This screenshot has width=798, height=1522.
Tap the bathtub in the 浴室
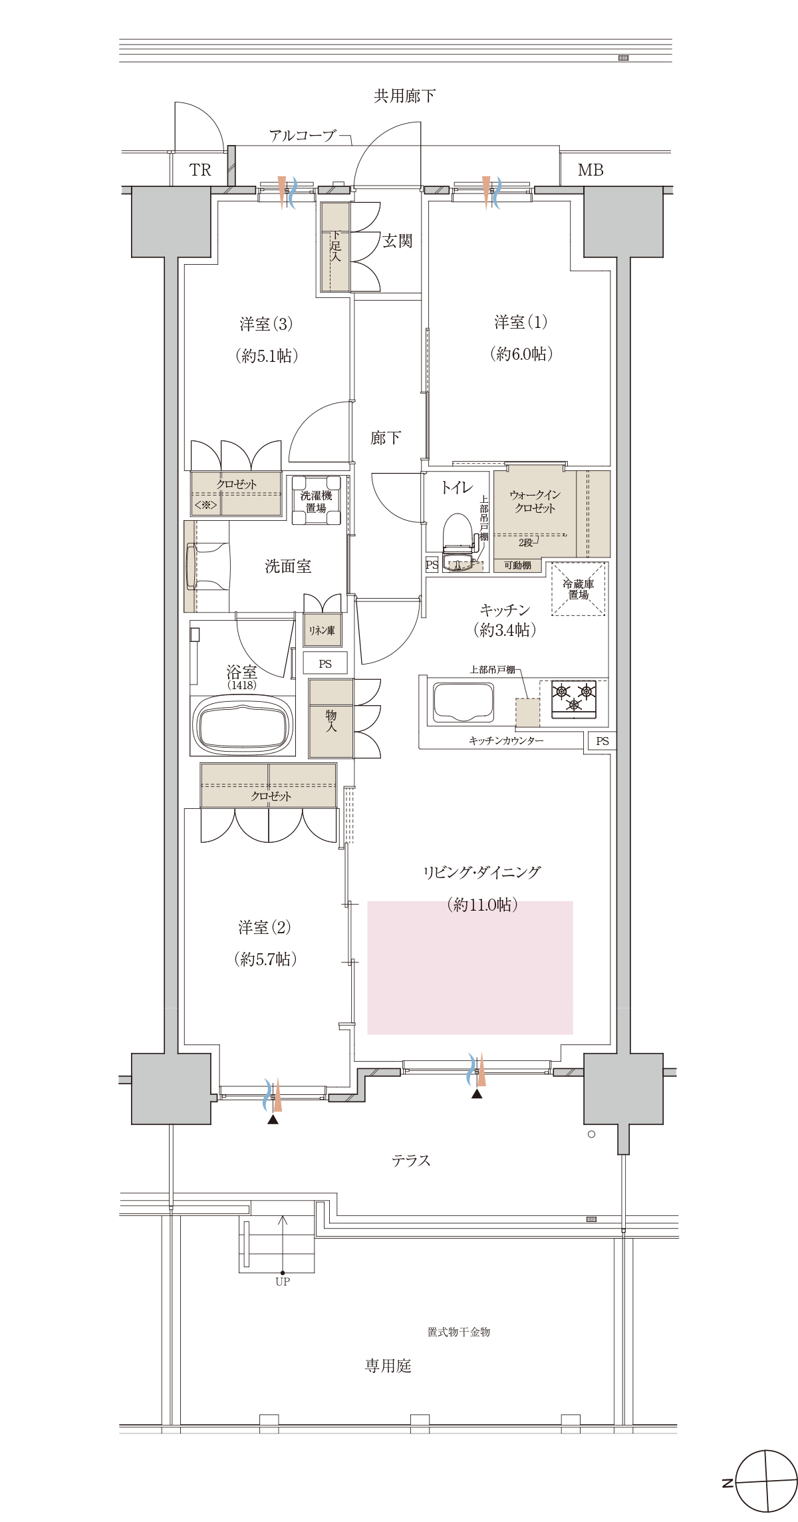[x=243, y=726]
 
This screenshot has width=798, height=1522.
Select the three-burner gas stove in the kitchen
[x=574, y=698]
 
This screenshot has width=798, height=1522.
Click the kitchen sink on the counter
[x=464, y=702]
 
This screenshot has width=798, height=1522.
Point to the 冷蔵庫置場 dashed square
[x=578, y=589]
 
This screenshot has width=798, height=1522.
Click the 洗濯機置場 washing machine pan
[x=317, y=500]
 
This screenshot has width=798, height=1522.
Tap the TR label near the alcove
[x=199, y=170]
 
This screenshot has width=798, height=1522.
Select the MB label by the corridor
[x=590, y=170]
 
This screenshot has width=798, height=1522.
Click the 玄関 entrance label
[x=397, y=241]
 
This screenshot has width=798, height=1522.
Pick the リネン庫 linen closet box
[x=323, y=630]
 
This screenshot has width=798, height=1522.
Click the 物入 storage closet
[x=331, y=719]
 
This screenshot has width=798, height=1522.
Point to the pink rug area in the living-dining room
[x=469, y=968]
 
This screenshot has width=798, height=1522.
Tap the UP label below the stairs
[x=283, y=1281]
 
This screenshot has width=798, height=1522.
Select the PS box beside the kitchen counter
[x=602, y=741]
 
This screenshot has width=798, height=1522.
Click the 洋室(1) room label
[x=521, y=323]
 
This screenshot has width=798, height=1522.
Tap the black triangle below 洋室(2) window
[x=273, y=1120]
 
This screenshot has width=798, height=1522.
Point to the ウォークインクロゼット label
[x=535, y=501]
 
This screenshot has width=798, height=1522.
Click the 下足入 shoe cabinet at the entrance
[x=335, y=247]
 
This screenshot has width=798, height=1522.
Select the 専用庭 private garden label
[x=388, y=1366]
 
